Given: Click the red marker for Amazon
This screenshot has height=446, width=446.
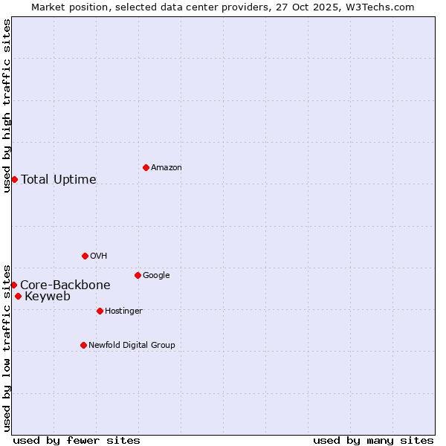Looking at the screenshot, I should pos(146,167).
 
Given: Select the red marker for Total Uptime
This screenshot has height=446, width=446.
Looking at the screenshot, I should pos(14,179).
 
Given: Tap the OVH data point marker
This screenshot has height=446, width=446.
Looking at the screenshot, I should pos(85,256).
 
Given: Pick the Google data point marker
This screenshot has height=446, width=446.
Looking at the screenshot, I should pos(138,275).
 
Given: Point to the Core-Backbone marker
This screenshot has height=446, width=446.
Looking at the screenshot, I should pos(13,285).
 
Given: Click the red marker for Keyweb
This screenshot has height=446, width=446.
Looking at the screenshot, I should pos(18,296).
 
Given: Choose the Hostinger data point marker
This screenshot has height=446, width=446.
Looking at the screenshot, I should pos(100,311).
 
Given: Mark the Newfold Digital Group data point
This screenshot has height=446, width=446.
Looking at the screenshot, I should pos(83,345).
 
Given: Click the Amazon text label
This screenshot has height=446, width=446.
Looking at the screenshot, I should pos(167,168).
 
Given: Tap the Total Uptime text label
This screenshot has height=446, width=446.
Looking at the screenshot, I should pos(59,179).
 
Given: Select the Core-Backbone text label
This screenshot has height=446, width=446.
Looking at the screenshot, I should pos(65,285).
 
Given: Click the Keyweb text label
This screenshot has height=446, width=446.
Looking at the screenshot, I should pos(48,297).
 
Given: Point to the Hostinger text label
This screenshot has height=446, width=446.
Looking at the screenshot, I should pos(123,311).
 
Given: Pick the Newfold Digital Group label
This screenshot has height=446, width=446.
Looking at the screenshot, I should pos(132,345).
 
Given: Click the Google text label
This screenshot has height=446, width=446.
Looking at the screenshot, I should pos(156,275).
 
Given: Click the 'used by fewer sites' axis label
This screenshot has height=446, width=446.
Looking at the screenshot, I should pos(77,440).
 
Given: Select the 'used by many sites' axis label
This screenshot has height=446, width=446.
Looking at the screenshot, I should pos(373,440).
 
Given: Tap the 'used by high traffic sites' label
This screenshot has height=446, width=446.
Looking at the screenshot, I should pos(7,106).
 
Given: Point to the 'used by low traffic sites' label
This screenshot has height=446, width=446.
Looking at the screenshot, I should pos(7,347).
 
